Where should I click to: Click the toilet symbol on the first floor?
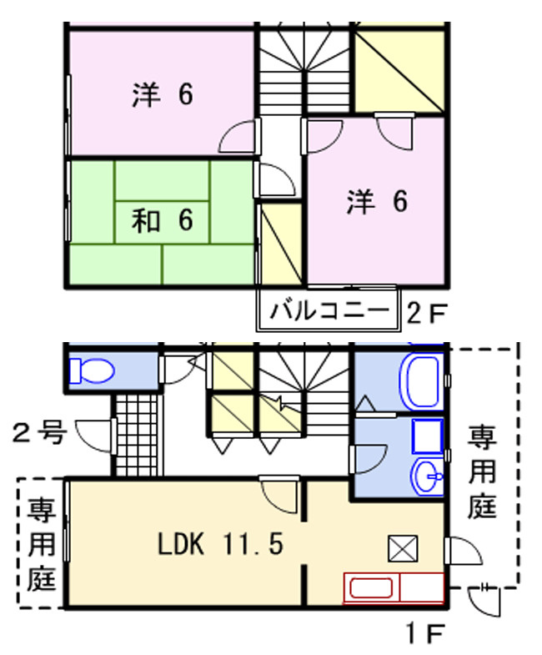(91, 370)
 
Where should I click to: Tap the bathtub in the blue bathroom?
(422, 382)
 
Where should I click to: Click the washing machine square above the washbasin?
(428, 436)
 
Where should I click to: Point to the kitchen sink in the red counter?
(371, 588)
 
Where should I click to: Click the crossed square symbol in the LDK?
(403, 548)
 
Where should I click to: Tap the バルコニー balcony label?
(329, 310)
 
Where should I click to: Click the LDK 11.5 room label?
(220, 544)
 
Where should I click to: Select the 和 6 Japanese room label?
(163, 220)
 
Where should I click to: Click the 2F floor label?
(426, 313)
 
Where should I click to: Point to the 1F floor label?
(425, 633)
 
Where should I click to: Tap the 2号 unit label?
(39, 432)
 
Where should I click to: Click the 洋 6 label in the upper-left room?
(163, 94)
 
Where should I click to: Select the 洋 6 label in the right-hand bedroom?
(377, 202)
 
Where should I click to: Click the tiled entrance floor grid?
(138, 436)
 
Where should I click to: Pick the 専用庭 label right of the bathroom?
(482, 471)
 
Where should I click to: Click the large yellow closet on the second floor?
(399, 72)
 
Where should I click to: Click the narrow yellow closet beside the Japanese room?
(281, 244)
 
